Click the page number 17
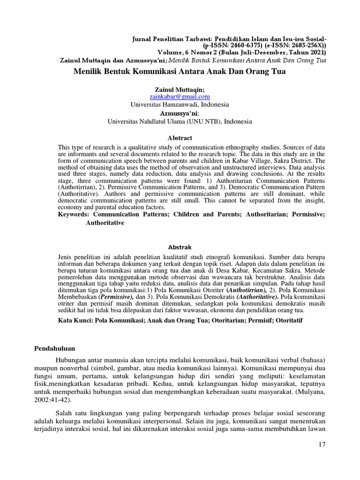321,444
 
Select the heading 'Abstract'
180,138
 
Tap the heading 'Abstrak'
180,247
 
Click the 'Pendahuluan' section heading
55,348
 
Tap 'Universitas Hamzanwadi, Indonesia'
180,105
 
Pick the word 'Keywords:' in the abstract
74,214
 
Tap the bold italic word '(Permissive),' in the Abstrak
116,297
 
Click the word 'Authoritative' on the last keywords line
105,223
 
